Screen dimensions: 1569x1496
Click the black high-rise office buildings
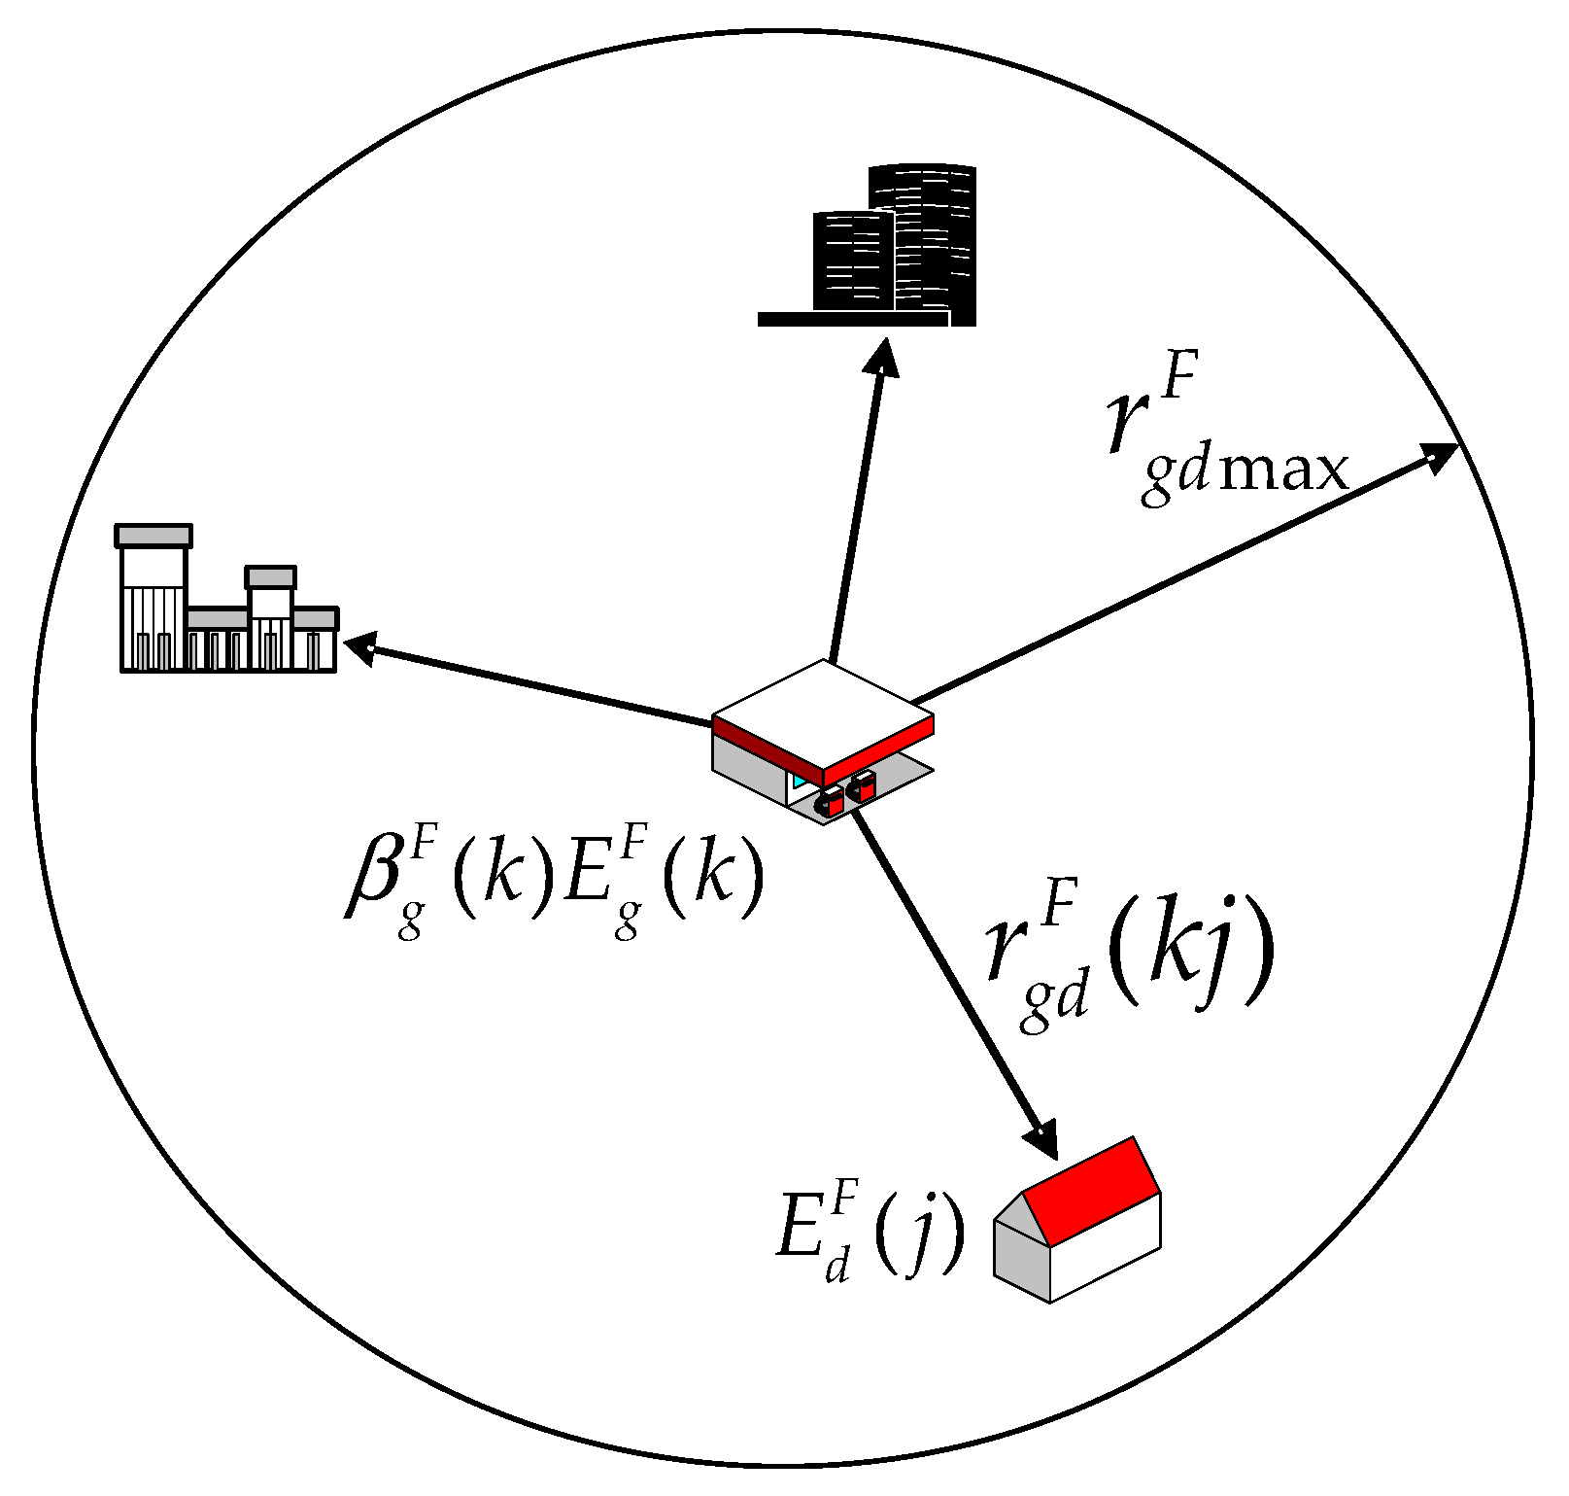(894, 248)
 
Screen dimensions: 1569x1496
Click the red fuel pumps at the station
(847, 792)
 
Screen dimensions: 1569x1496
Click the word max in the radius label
(1282, 471)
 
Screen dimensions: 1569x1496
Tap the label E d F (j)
(870, 1235)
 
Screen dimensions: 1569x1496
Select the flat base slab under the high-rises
(853, 319)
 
